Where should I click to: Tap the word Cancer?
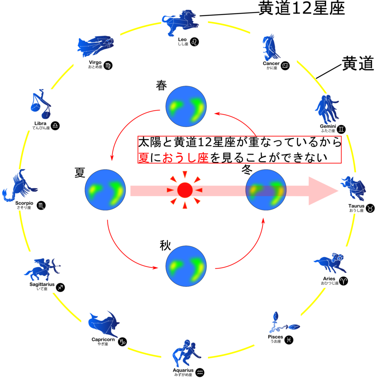(271, 63)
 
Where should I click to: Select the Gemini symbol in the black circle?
(341, 129)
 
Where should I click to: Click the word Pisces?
(275, 337)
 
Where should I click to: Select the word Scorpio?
(24, 203)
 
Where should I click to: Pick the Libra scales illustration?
(40, 105)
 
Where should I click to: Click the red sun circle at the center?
(184, 190)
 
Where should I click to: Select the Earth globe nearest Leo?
(186, 106)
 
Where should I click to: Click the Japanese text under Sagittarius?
(42, 289)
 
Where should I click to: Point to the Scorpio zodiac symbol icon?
(41, 205)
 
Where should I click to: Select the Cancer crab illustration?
(270, 47)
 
